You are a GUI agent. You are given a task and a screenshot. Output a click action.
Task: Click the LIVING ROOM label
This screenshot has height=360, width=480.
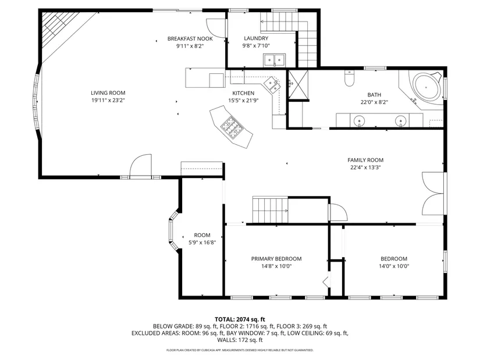pyautogui.click(x=108, y=92)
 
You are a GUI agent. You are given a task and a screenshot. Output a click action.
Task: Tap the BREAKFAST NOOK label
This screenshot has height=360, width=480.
pyautogui.click(x=190, y=38)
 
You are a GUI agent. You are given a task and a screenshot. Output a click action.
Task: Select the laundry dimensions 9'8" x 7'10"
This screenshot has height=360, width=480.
pyautogui.click(x=256, y=46)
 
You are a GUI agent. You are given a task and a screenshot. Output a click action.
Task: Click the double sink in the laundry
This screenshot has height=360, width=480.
pyautogui.click(x=274, y=60)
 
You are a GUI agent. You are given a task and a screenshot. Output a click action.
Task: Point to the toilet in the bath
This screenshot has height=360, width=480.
pyautogui.click(x=349, y=79)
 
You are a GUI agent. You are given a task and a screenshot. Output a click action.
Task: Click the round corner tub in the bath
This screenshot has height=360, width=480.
pyautogui.click(x=426, y=87)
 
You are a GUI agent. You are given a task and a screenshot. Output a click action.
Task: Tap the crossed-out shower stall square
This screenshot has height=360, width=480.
pyautogui.click(x=298, y=84)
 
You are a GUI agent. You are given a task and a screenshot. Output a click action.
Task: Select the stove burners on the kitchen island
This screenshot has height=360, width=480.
pyautogui.click(x=231, y=127)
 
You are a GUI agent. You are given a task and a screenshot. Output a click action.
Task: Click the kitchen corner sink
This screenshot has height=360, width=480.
pyautogui.click(x=272, y=84)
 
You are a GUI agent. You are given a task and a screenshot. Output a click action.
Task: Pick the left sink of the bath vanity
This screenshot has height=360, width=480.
pyautogui.click(x=359, y=121)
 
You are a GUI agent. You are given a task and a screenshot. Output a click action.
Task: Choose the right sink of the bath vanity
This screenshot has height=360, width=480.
pyautogui.click(x=400, y=121)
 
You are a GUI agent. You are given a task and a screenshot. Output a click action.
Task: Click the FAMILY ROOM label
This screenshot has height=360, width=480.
pyautogui.click(x=365, y=160)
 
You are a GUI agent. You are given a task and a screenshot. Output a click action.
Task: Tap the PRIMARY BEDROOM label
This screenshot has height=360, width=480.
pyautogui.click(x=276, y=259)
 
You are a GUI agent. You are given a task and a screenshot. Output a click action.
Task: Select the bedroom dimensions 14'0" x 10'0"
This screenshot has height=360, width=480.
pyautogui.click(x=394, y=266)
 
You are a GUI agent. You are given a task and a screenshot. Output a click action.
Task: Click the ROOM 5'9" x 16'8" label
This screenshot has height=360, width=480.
pyautogui.click(x=202, y=239)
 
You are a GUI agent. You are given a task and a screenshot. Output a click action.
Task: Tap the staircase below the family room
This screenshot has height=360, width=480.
pyautogui.click(x=271, y=211)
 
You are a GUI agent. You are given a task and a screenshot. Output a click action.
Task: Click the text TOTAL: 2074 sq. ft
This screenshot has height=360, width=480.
pyautogui.click(x=240, y=320)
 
